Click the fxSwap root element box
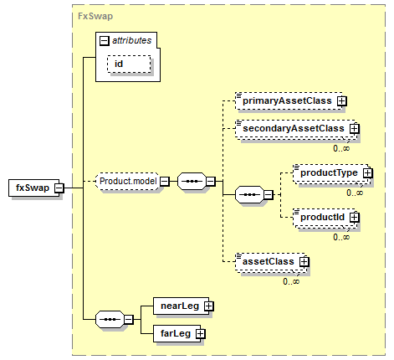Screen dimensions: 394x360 tap(34, 188)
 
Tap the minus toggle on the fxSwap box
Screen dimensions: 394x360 tap(59, 188)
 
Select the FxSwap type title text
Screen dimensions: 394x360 tap(95, 16)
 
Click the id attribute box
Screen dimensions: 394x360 tap(129, 64)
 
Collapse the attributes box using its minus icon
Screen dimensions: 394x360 tap(105, 41)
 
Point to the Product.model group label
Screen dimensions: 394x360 tap(128, 181)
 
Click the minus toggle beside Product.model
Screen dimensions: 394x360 tap(165, 182)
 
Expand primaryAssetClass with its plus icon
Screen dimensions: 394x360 tap(342, 101)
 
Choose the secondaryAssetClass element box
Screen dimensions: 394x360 tap(295, 129)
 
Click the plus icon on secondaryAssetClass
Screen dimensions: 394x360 tap(355, 129)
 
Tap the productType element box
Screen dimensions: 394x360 tap(331, 173)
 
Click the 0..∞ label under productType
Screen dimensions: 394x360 tap(355, 193)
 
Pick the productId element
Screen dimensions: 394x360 tap(325, 218)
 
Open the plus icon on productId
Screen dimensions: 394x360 tap(355, 218)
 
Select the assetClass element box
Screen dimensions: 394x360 tap(270, 262)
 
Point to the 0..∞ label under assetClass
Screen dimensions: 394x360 tap(291, 281)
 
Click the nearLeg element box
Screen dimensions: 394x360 tap(181, 306)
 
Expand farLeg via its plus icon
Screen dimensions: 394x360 tap(200, 334)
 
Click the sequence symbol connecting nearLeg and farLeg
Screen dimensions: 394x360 tap(110, 319)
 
